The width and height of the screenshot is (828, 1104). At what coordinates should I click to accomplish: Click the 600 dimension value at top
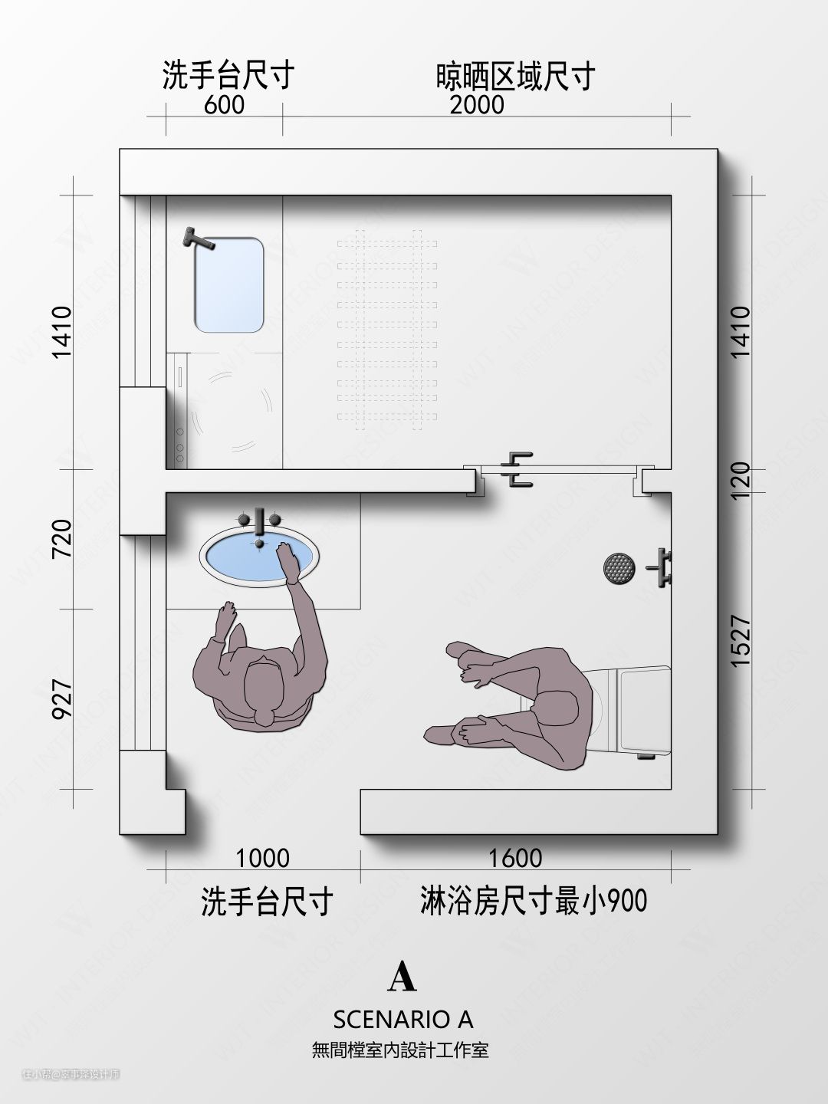click(x=224, y=105)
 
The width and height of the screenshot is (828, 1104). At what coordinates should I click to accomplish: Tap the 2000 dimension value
click(x=477, y=105)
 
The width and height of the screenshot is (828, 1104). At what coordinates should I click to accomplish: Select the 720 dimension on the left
click(x=62, y=539)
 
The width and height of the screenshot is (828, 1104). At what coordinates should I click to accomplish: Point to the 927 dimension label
click(x=62, y=698)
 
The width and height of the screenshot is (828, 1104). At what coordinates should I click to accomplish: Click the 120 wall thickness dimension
click(x=741, y=480)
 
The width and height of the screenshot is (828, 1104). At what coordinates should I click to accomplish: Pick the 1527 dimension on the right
click(x=741, y=641)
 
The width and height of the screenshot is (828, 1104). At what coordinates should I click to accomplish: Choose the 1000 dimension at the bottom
click(x=262, y=858)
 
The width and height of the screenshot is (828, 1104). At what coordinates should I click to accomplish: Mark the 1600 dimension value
click(x=515, y=858)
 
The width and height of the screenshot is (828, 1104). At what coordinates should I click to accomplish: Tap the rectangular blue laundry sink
click(x=228, y=285)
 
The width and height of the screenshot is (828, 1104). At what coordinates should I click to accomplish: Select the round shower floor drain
click(x=619, y=568)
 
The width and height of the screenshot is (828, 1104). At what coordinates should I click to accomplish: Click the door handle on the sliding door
click(x=515, y=470)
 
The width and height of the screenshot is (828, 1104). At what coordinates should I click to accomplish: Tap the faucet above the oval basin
click(x=260, y=521)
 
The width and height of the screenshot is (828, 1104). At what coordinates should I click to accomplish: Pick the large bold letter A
click(x=402, y=976)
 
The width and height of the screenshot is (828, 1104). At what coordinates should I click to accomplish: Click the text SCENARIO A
click(x=402, y=1019)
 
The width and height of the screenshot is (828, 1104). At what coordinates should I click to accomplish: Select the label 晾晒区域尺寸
click(x=515, y=77)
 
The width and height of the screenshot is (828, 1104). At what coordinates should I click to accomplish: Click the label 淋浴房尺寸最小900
click(x=534, y=901)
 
